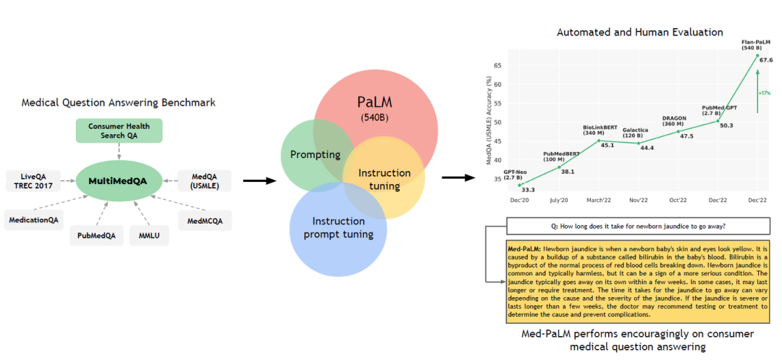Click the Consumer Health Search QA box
(x=119, y=130)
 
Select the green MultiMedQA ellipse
(x=118, y=180)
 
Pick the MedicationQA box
(x=33, y=220)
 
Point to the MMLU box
(x=149, y=235)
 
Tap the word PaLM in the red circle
(x=374, y=102)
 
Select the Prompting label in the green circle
(x=315, y=155)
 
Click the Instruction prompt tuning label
(x=337, y=227)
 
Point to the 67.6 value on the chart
(x=767, y=60)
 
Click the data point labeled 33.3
(x=520, y=185)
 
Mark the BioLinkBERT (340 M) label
(x=599, y=130)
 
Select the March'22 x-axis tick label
(x=599, y=199)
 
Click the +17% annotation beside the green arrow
(x=765, y=93)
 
